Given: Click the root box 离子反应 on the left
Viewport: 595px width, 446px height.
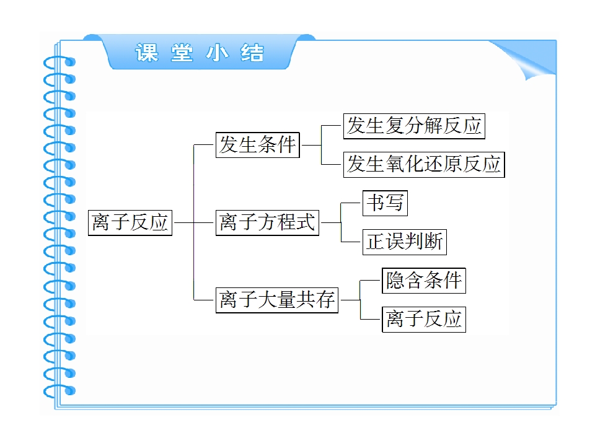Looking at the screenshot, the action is pos(130,222).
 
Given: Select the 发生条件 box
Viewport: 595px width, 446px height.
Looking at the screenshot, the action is pos(258,144).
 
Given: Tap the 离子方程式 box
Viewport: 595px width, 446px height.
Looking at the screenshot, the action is pos(267,222).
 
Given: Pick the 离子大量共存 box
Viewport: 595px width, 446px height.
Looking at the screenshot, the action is pos(276,300).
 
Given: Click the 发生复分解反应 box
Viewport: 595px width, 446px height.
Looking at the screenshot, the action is pos(414,126).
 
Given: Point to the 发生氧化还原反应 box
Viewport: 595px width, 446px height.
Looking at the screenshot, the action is pos(424,165).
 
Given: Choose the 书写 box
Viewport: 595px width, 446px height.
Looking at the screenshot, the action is pos(385,203).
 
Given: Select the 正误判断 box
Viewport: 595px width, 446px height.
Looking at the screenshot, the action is pos(405,242).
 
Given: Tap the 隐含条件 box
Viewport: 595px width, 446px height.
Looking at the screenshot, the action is pos(424,281).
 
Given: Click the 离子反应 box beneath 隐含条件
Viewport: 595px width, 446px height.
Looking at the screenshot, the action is pos(424,320).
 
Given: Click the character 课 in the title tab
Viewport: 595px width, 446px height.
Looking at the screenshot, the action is pos(147,53).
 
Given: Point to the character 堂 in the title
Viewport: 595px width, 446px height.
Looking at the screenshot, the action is pos(182,53).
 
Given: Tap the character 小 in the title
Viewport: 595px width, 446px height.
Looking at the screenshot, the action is pos(218,53).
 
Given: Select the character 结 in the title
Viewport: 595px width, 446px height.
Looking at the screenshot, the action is pos(252,53).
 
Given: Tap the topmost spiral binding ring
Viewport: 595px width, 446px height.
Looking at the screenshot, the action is pos(59,62).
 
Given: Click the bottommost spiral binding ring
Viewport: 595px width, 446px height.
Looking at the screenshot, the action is pos(59,391).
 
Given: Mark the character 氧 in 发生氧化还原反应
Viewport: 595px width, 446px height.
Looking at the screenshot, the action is pos(395,164).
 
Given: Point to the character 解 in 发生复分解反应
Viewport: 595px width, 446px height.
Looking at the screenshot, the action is pos(434,126).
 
